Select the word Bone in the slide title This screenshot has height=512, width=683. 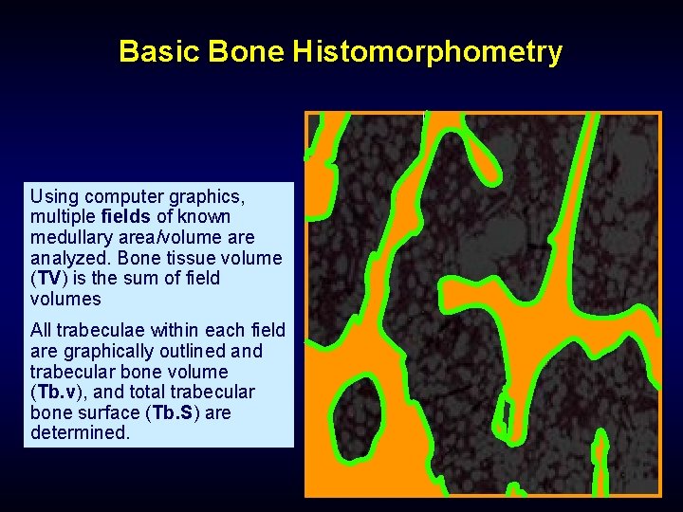click(x=246, y=51)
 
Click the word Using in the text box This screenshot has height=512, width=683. click(x=54, y=197)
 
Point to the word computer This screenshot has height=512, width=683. click(x=125, y=197)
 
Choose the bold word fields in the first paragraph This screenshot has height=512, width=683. click(x=126, y=217)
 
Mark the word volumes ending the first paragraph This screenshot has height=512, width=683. click(x=65, y=300)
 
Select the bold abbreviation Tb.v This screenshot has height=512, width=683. click(x=56, y=393)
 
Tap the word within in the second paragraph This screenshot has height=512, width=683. click(x=170, y=331)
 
